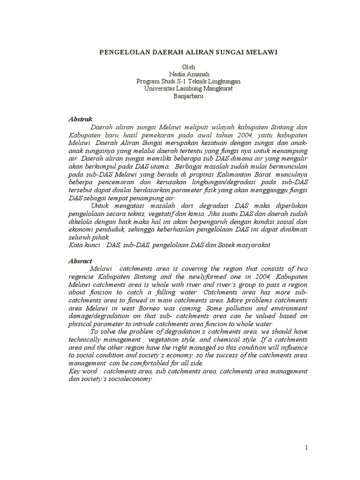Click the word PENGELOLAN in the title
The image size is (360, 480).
(125, 52)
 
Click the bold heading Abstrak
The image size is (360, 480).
(80, 120)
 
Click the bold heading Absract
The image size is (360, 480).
(80, 261)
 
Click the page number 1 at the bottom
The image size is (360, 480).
(307, 448)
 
